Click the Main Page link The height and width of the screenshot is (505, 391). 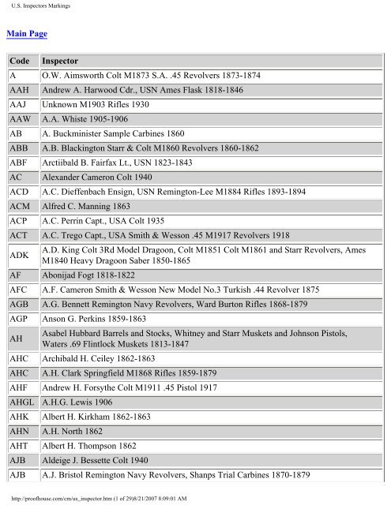[27, 34]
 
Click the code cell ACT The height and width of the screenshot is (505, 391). [19, 236]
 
